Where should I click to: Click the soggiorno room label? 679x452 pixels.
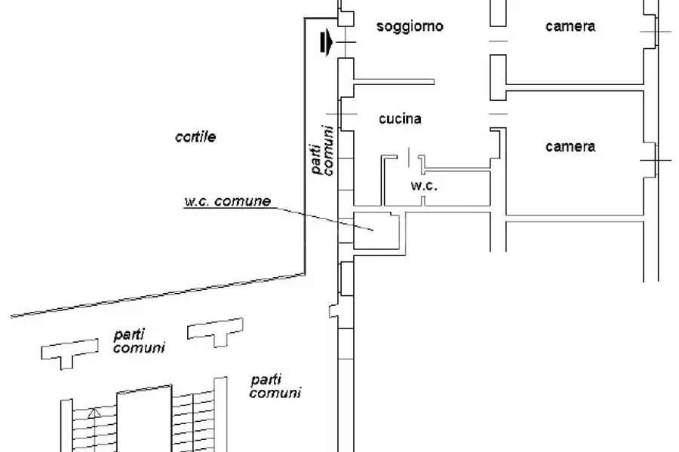pos(410,26)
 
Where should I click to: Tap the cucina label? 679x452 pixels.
pos(400,118)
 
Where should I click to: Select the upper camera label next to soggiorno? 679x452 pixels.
pos(570,26)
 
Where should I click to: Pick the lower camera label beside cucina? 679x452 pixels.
pos(570,147)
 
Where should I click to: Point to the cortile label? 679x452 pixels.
pos(195,137)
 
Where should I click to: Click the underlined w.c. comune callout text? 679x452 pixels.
pos(227,202)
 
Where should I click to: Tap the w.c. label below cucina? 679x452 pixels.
pos(424,185)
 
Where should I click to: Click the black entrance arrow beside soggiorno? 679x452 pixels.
pos(326,44)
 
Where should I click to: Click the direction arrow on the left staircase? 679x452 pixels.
pos(93,413)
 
